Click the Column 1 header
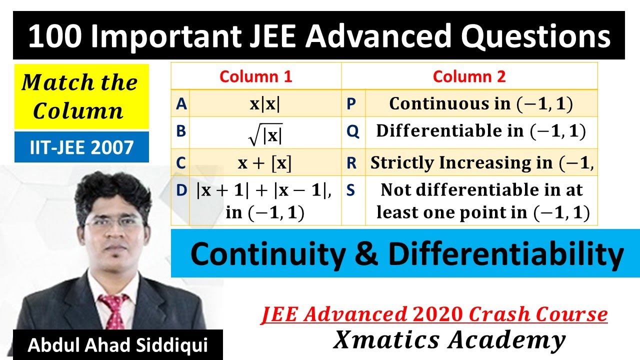pos(255,76)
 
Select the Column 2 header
pos(469,76)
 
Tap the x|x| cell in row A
pos(265,103)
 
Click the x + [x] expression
pos(265,163)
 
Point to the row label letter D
pos(181,190)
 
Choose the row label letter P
pos(351,103)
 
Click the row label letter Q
pos(352,131)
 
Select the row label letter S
pos(351,190)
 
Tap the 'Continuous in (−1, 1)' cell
pos(480,103)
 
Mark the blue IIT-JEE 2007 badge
pos(81,147)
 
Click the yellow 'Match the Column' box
pos(81,96)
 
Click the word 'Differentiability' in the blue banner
pos(505,254)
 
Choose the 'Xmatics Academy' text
pos(449,340)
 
